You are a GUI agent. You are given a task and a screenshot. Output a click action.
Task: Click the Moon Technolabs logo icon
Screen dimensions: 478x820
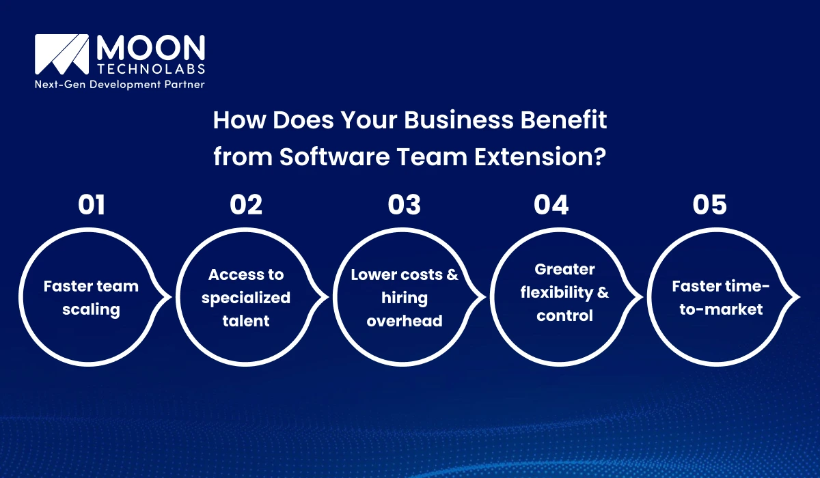61,55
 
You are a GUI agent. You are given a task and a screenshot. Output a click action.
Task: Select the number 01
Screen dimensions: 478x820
92,205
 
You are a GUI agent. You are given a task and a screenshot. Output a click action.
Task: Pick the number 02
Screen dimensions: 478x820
246,205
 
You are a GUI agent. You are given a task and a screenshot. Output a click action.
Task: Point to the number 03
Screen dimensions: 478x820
405,205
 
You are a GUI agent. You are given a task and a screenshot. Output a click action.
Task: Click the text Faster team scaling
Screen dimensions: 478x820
91,298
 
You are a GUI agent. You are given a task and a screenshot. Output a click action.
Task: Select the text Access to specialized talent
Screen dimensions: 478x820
246,298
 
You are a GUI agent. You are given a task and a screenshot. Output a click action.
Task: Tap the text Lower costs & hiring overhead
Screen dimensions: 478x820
405,298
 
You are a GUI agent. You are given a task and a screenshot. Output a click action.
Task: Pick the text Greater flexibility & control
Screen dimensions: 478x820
564,292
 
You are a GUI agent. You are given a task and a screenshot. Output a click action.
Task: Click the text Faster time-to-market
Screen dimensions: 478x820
716,298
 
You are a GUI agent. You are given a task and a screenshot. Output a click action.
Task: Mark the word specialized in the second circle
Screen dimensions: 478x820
246,298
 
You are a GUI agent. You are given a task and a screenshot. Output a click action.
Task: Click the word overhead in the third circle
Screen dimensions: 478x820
405,321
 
